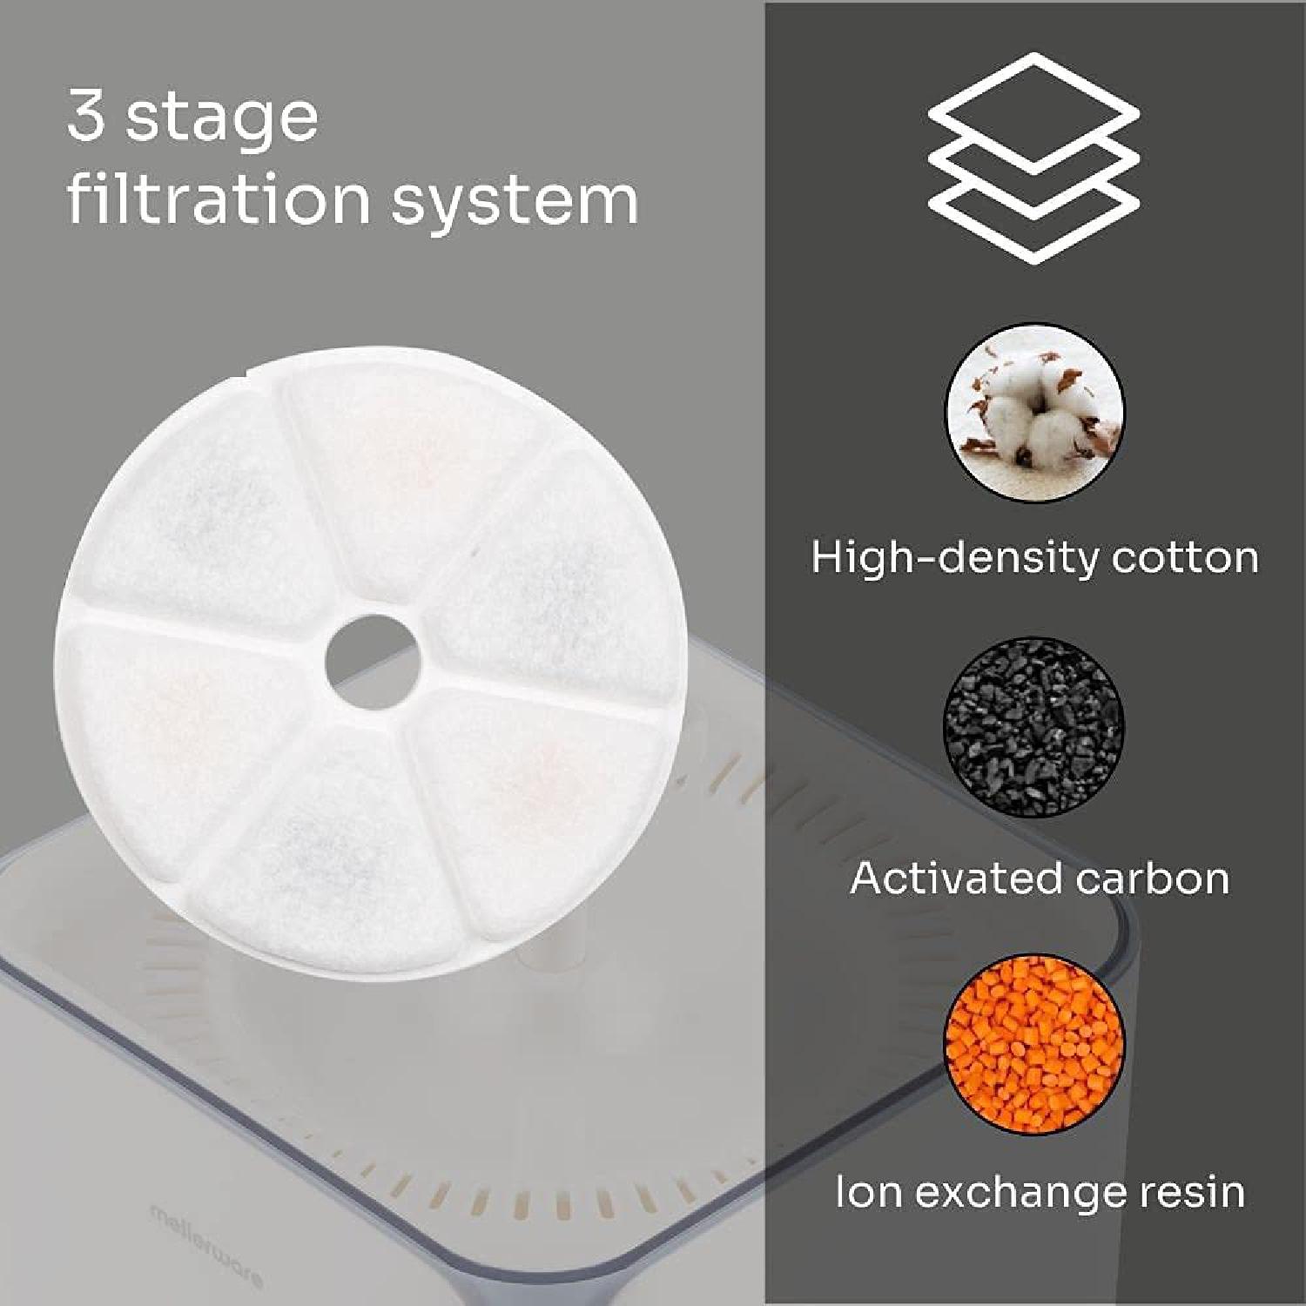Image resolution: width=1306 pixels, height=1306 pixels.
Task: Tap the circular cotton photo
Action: click(x=1034, y=412)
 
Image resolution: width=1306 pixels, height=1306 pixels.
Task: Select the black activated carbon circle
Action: click(x=1033, y=727)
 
